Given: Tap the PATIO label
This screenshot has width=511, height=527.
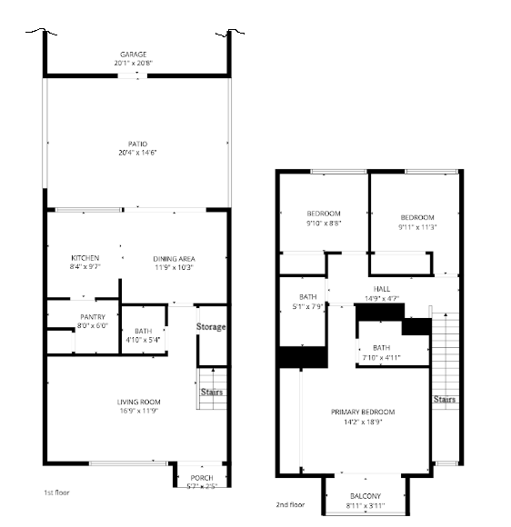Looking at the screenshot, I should click(136, 143).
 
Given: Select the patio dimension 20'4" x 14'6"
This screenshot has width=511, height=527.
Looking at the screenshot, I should click(136, 152).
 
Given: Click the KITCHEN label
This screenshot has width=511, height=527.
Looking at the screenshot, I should click(85, 258).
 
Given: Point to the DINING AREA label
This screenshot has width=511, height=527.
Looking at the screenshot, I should click(173, 258).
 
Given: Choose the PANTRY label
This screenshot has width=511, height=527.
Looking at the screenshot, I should click(93, 316).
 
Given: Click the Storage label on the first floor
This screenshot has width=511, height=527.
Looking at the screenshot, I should click(211, 326).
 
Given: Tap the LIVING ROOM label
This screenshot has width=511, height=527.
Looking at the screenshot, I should click(138, 402).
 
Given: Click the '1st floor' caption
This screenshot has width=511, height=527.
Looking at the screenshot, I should click(56, 492).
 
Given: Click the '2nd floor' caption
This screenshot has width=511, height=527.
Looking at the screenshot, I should click(290, 505).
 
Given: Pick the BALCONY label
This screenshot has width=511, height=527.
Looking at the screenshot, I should click(366, 496).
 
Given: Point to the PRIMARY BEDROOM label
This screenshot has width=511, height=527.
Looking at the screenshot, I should click(363, 412).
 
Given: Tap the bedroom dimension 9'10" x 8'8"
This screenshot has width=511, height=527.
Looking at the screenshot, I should click(323, 224).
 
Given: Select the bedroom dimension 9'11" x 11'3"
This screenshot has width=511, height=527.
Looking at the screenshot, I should click(418, 226).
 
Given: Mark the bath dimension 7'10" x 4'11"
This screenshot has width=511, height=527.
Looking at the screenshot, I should click(380, 357).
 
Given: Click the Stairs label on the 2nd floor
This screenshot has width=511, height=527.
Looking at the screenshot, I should click(444, 399).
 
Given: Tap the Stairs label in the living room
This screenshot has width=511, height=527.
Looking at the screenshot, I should click(212, 393).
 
